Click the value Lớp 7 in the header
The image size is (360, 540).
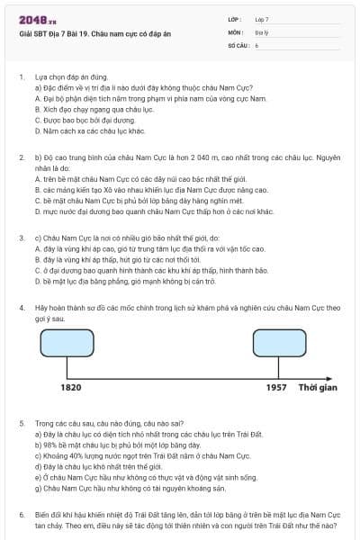pos(262,19)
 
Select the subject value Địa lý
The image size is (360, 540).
pos(262,31)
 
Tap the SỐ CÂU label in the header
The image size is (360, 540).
pos(237,44)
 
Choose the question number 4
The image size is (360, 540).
pos(22,307)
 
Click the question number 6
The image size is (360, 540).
pos(22,515)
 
